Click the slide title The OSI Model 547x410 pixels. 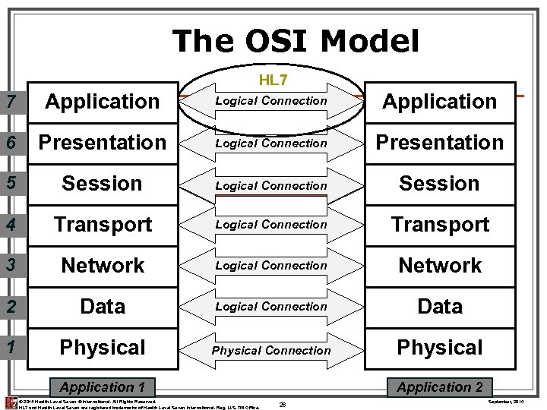[296, 41]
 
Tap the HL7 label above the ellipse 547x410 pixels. [271, 79]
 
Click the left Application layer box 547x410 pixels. [103, 101]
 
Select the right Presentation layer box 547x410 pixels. [440, 142]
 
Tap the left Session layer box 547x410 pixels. [103, 184]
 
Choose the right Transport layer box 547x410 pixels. [440, 225]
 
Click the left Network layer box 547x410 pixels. [103, 266]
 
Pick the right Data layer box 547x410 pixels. [440, 307]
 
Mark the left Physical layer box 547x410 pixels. [103, 348]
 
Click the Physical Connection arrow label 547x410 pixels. [271, 350]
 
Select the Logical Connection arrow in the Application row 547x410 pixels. [271, 101]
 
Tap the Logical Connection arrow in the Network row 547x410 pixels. [271, 266]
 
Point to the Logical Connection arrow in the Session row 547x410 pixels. [271, 185]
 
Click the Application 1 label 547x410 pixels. [101, 387]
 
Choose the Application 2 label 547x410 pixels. [440, 387]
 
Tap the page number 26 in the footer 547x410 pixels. [282, 403]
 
